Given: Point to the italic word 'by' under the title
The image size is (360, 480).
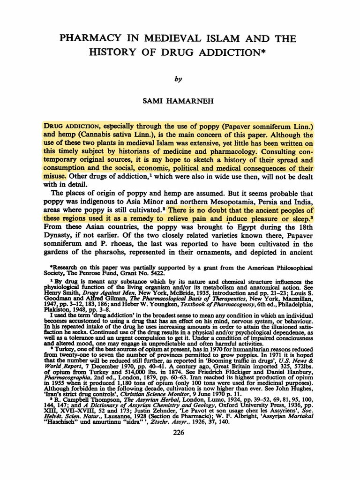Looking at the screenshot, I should pos(177,80).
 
